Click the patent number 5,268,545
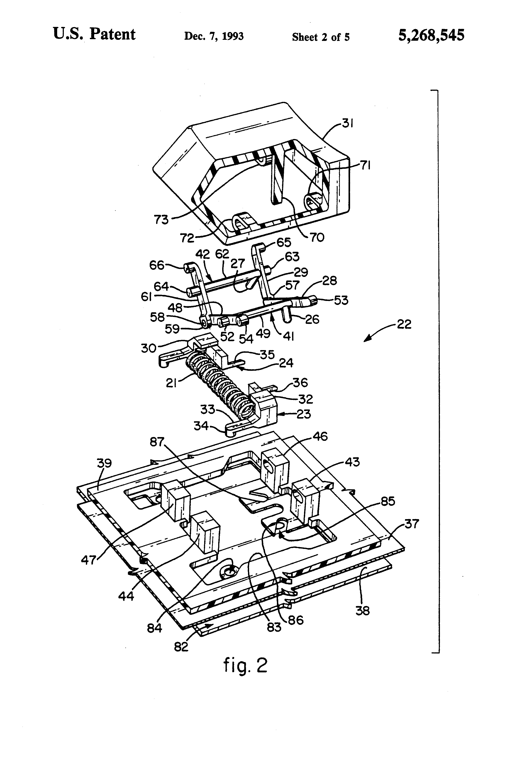click(x=431, y=35)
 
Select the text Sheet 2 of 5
click(x=321, y=37)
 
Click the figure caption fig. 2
click(x=245, y=665)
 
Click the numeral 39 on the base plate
click(x=104, y=463)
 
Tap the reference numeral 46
click(x=320, y=436)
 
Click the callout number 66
click(x=157, y=265)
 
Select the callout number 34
click(x=201, y=426)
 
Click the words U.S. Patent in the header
click(x=94, y=34)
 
